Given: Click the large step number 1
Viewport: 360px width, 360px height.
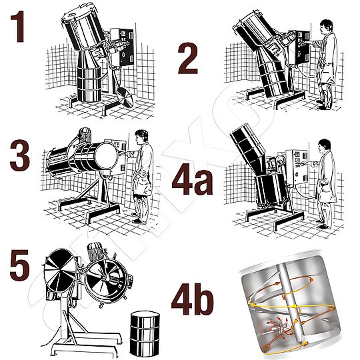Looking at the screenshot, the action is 18,27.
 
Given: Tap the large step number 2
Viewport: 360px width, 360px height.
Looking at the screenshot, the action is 188,59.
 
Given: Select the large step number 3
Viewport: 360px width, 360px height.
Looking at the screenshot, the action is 20,155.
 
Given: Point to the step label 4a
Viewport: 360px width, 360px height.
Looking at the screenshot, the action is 193,179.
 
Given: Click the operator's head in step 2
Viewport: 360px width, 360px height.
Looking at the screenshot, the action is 327,26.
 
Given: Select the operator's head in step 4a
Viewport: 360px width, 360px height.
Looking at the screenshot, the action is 325,145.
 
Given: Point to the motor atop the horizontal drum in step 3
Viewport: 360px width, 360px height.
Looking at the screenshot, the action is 84,135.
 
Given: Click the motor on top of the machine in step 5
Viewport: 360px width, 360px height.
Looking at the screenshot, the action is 96,251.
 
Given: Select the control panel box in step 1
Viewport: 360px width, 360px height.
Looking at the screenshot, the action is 122,47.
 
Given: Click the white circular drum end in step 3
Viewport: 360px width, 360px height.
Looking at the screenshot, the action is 106,156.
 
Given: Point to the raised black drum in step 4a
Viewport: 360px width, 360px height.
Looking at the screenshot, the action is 249,144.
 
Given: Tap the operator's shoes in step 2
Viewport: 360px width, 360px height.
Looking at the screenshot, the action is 323,105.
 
